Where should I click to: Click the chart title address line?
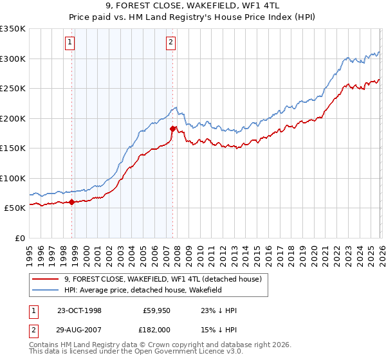(x=193, y=6)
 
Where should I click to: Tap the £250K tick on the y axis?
(x=13, y=89)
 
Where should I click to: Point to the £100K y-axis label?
(x=13, y=178)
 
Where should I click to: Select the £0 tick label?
(x=19, y=238)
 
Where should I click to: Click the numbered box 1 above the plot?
(x=69, y=43)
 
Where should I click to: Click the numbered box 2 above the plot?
(x=170, y=43)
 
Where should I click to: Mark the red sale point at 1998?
(x=71, y=202)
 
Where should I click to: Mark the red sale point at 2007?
(x=172, y=129)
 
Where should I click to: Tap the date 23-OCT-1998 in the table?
(x=79, y=310)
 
